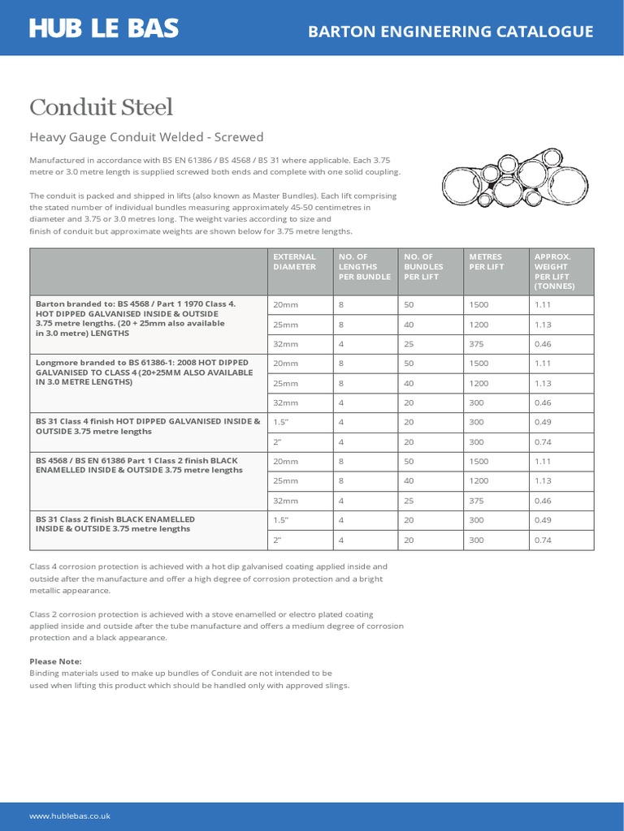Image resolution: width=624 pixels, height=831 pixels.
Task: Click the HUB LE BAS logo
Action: click(x=104, y=28)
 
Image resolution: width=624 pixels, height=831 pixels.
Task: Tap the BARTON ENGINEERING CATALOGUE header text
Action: click(x=451, y=32)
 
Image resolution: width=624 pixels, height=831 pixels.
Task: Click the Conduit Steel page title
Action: click(x=102, y=107)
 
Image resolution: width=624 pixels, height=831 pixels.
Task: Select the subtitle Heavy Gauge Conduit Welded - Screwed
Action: click(x=146, y=137)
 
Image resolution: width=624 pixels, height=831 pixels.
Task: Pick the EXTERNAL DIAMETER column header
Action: click(x=295, y=261)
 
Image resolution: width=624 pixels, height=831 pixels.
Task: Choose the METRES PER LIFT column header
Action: click(x=486, y=261)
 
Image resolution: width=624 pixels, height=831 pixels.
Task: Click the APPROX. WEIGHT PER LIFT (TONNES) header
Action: click(x=553, y=271)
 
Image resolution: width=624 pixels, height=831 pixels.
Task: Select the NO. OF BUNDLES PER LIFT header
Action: click(x=424, y=266)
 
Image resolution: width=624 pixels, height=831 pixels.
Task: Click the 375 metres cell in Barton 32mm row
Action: click(x=478, y=344)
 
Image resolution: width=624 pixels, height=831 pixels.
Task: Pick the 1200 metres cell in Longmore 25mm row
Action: click(x=479, y=383)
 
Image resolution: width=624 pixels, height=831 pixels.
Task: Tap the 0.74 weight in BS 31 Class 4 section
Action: click(x=543, y=442)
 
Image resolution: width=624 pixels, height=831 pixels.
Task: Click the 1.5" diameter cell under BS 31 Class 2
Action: click(x=282, y=520)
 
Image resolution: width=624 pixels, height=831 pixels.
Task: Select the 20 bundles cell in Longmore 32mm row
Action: click(x=409, y=403)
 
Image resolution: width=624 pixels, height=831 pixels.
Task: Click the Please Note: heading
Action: click(x=56, y=661)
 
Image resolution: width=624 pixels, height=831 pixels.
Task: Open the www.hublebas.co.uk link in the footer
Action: click(x=70, y=816)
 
